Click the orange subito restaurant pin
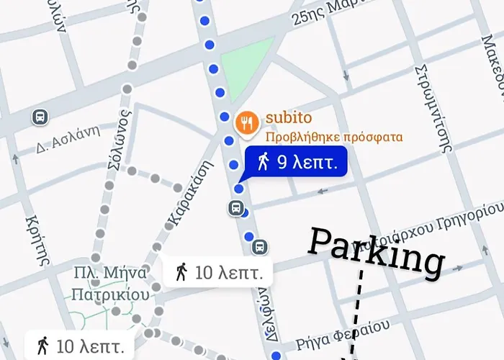[x=246, y=122]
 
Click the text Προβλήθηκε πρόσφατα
[x=333, y=137]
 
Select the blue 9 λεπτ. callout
[x=297, y=162]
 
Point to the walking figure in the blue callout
[x=264, y=162]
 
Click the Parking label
[x=375, y=251]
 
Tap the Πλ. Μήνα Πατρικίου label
[x=111, y=284]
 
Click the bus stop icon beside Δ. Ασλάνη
[x=41, y=117]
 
